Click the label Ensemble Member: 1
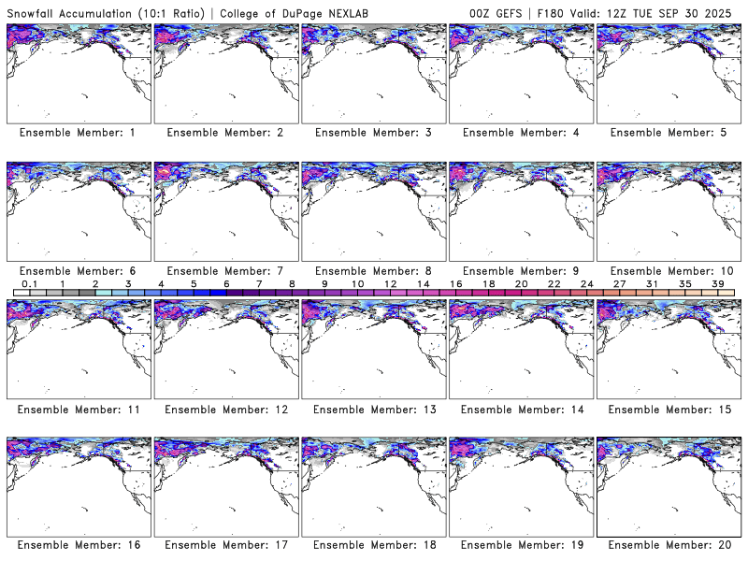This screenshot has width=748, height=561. tap(77, 133)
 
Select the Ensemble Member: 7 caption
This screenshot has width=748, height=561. tap(224, 270)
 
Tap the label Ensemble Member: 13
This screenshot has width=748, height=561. tap(372, 409)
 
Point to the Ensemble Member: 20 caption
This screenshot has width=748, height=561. tap(668, 545)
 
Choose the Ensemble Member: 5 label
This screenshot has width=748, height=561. tap(668, 133)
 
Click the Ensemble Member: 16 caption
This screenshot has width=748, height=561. tap(77, 545)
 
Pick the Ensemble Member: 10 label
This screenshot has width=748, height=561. tap(668, 270)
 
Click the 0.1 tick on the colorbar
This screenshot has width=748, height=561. tap(29, 283)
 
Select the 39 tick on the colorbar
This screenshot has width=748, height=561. tap(718, 283)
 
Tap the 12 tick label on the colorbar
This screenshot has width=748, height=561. tap(390, 283)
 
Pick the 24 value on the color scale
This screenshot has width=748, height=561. tap(586, 283)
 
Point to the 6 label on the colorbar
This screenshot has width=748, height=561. tap(226, 283)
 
